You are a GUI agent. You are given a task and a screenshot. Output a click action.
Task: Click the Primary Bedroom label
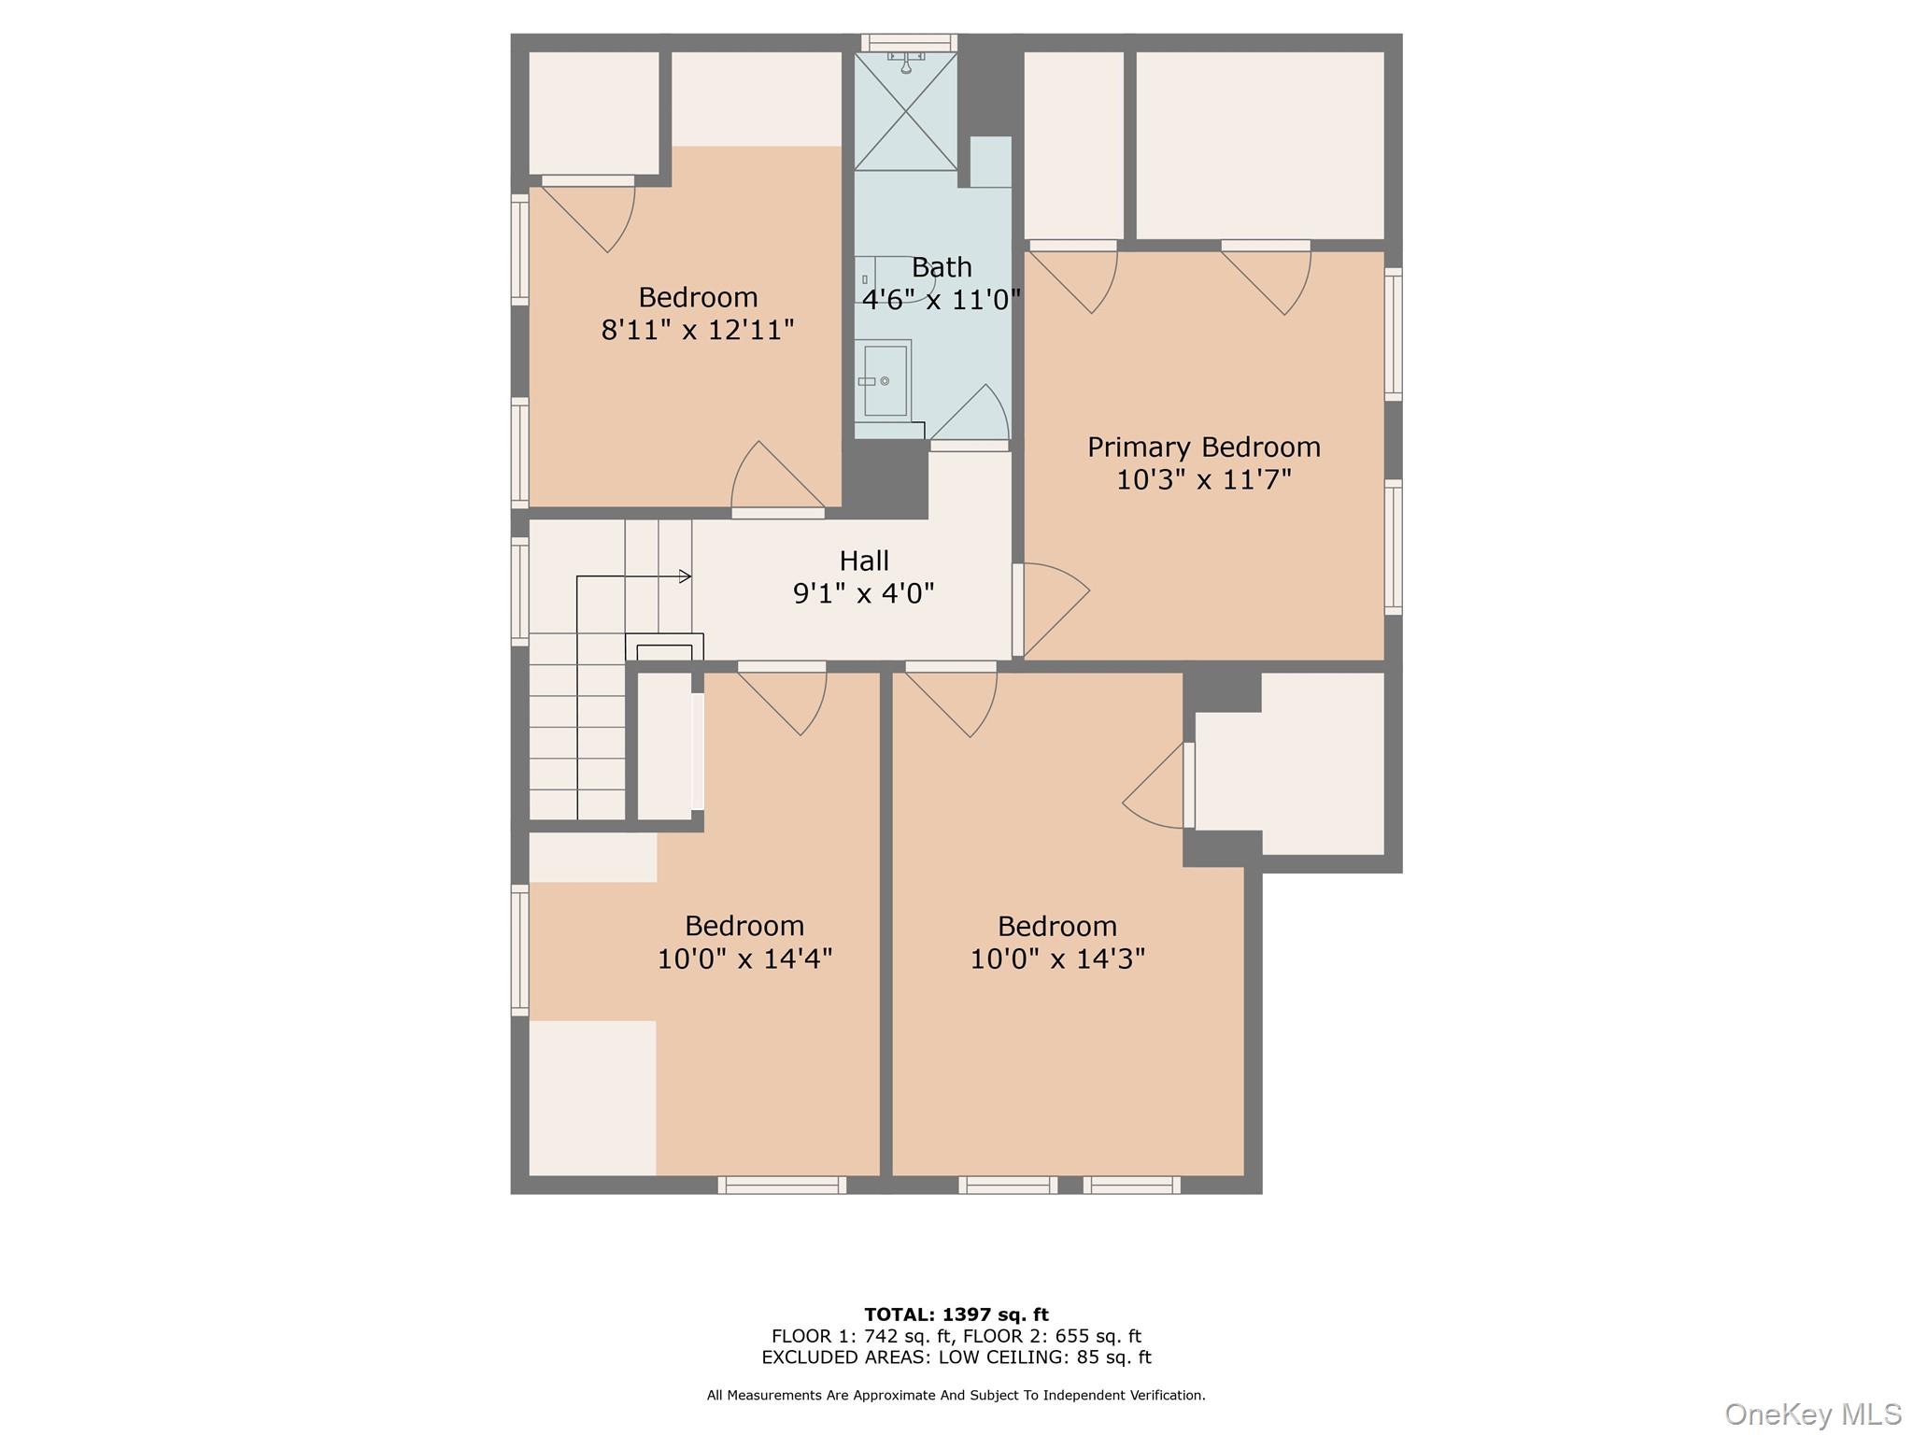pyautogui.click(x=1203, y=448)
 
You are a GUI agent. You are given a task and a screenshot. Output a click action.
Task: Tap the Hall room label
pyautogui.click(x=863, y=561)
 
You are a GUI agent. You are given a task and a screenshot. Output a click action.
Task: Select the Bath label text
pyautogui.click(x=941, y=268)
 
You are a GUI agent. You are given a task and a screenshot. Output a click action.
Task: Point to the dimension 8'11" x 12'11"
pyautogui.click(x=697, y=330)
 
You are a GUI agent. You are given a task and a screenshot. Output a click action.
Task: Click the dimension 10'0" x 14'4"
pyautogui.click(x=744, y=959)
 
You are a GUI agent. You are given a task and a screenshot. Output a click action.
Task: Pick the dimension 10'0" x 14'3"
pyautogui.click(x=1056, y=959)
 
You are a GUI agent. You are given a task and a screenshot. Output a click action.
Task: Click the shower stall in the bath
pyautogui.click(x=905, y=112)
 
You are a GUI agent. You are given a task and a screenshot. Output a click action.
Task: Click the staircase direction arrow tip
pyautogui.click(x=687, y=576)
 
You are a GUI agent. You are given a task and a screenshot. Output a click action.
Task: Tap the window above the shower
pyautogui.click(x=908, y=42)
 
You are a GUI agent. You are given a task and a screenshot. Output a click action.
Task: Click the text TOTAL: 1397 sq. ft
pyautogui.click(x=956, y=1314)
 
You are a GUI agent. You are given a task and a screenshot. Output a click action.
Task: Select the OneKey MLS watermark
pyautogui.click(x=1812, y=1414)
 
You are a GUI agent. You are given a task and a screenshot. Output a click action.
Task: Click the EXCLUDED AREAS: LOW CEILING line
pyautogui.click(x=956, y=1357)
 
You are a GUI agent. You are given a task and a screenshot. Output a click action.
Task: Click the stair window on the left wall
pyautogui.click(x=519, y=590)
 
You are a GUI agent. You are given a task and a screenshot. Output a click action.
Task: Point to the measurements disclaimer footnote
pyautogui.click(x=956, y=1395)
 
